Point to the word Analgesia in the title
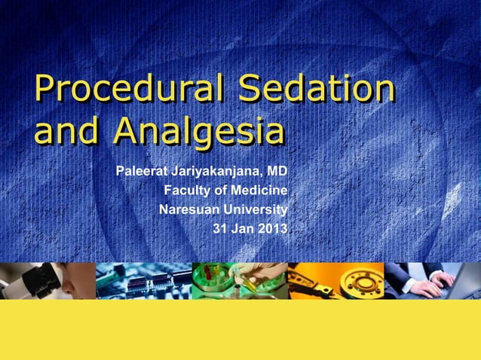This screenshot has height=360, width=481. (198, 133)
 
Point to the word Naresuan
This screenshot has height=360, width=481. (188, 209)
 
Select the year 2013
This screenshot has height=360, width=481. (273, 229)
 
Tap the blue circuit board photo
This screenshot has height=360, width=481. (143, 280)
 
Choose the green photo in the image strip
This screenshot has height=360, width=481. (239, 280)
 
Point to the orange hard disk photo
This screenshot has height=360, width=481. (335, 280)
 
